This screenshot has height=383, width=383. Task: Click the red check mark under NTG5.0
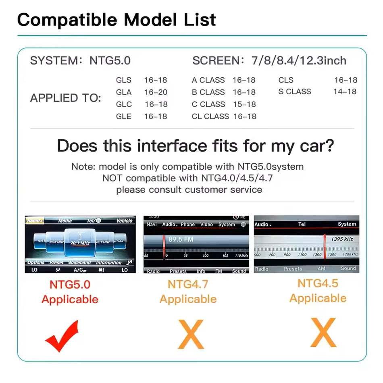pyautogui.click(x=62, y=336)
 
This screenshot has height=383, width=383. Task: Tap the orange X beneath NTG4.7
pyautogui.click(x=191, y=334)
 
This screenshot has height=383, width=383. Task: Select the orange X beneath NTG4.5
pyautogui.click(x=323, y=333)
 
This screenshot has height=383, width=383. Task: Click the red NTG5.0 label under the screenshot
pyautogui.click(x=70, y=285)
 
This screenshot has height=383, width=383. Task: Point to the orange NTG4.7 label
pyautogui.click(x=188, y=284)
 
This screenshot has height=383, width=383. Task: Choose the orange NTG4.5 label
pyautogui.click(x=318, y=283)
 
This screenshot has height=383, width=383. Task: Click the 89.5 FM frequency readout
pyautogui.click(x=181, y=239)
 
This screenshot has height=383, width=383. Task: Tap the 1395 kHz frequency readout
pyautogui.click(x=342, y=239)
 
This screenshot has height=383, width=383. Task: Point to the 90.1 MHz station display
pyautogui.click(x=80, y=243)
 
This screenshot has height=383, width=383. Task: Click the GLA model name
pyautogui.click(x=124, y=92)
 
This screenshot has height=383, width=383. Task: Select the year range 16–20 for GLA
pyautogui.click(x=156, y=92)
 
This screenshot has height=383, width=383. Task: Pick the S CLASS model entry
pyautogui.click(x=295, y=92)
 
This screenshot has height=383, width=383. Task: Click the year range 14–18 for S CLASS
pyautogui.click(x=345, y=92)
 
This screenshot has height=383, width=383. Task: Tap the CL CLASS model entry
pyautogui.click(x=210, y=117)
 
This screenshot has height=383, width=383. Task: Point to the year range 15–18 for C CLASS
pyautogui.click(x=244, y=104)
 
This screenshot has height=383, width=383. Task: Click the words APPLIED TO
pyautogui.click(x=66, y=98)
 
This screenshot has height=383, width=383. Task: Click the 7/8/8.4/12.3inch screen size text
pyautogui.click(x=299, y=61)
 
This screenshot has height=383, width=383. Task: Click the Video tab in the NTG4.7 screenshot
pyautogui.click(x=206, y=225)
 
